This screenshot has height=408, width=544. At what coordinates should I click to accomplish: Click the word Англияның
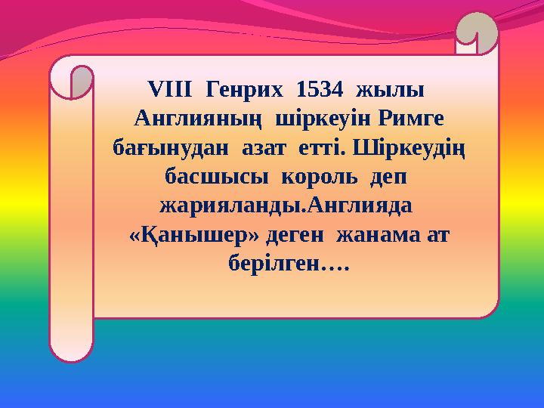coord(197,119)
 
